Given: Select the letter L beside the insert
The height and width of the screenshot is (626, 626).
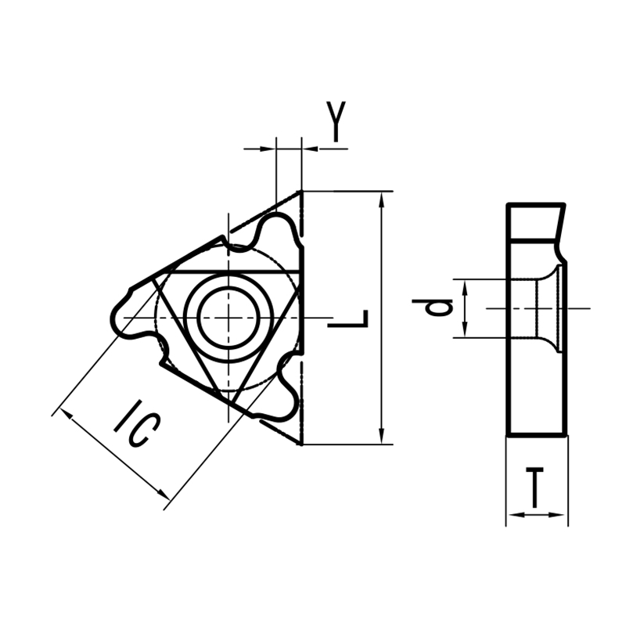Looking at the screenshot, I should [349, 319].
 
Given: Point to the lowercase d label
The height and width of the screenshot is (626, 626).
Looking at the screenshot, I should [441, 308].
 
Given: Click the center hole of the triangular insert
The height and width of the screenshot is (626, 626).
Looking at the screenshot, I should [228, 317].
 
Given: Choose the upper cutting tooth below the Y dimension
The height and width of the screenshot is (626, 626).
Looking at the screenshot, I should [278, 231].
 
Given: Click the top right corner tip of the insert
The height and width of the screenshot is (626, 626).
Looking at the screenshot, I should [301, 191].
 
